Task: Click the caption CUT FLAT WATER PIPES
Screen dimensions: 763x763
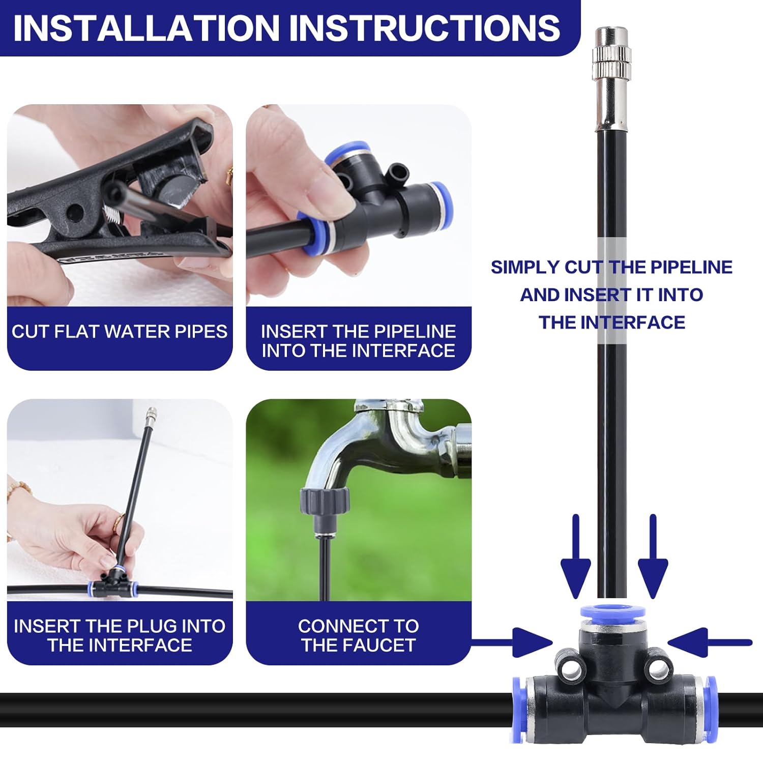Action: click(x=120, y=332)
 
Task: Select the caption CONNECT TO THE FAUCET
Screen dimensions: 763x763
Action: click(x=359, y=635)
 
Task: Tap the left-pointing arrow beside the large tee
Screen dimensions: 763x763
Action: click(x=710, y=643)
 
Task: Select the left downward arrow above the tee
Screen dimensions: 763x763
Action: click(x=575, y=556)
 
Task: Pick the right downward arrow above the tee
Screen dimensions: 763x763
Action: click(x=653, y=556)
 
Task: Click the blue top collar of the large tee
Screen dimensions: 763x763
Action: click(x=613, y=613)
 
